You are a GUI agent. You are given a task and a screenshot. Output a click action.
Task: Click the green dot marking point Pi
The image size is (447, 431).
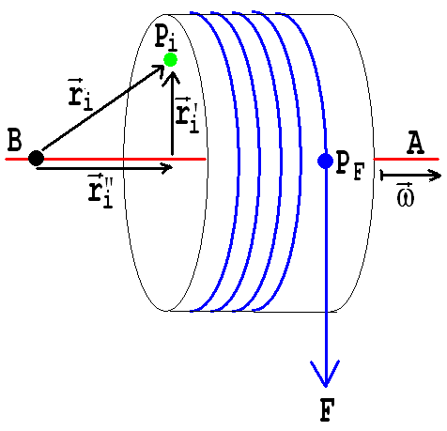(171, 60)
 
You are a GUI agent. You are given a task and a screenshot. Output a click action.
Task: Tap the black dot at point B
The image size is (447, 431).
(36, 158)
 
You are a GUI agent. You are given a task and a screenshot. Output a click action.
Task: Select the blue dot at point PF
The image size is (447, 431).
(325, 161)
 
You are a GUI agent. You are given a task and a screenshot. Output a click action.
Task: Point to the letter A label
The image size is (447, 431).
(416, 143)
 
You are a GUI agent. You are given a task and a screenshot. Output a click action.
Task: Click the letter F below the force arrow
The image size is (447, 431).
(327, 409)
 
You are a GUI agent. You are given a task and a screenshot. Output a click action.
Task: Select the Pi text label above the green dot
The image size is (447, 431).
(166, 38)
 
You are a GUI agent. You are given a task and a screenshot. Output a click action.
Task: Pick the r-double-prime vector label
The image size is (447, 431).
(100, 191)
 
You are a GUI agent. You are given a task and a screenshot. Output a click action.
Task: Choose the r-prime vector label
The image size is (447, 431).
(187, 115)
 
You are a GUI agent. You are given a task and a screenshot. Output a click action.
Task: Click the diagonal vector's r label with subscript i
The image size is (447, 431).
(81, 95)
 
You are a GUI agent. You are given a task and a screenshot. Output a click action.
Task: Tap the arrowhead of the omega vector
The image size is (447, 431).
(435, 176)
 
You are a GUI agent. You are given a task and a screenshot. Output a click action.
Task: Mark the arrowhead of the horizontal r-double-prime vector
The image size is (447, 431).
(166, 168)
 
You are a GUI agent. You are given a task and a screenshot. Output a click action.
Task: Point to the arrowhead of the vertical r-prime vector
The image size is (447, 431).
(172, 79)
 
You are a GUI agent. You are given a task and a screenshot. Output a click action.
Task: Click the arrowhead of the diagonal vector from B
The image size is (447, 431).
(159, 70)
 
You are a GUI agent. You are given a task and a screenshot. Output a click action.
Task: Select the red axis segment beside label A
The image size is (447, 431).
(407, 159)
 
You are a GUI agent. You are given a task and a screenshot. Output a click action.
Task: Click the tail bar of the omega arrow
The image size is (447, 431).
(381, 176)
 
